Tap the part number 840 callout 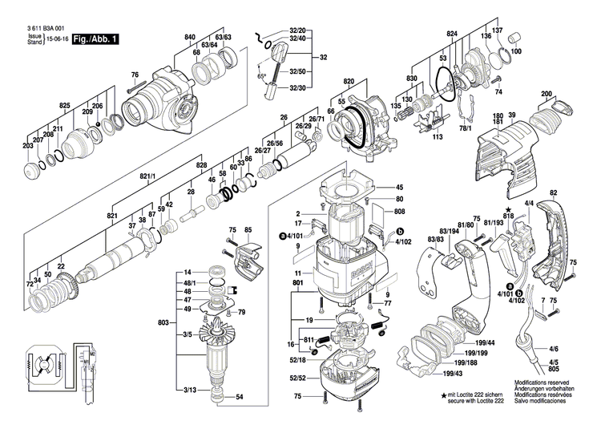(x=190, y=38)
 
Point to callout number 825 (x=65, y=106)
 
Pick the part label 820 (x=349, y=82)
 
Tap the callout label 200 (x=547, y=95)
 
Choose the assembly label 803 (x=163, y=322)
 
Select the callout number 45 (x=400, y=188)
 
